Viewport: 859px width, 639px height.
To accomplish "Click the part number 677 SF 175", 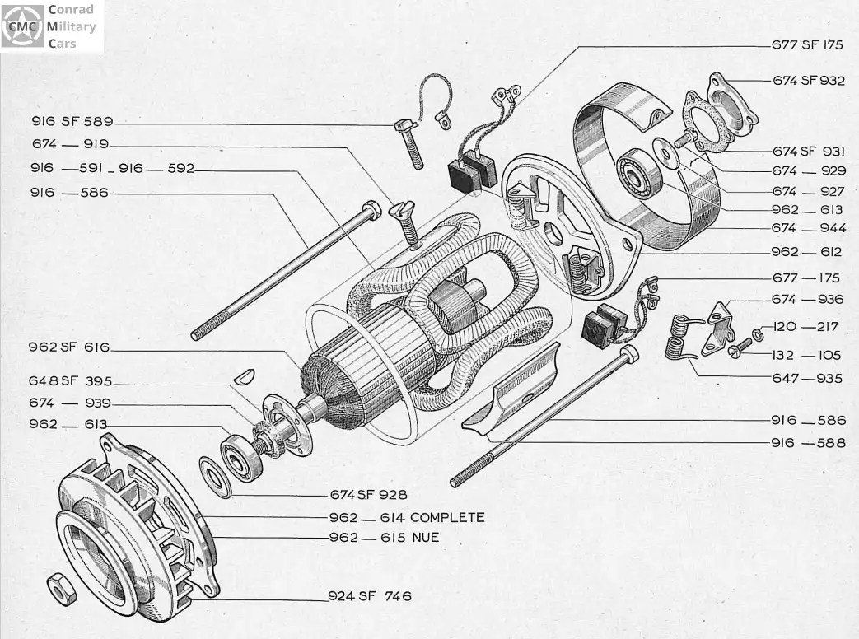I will (807, 45).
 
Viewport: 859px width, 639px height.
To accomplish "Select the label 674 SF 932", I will (809, 81).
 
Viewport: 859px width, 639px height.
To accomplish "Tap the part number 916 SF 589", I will (72, 121).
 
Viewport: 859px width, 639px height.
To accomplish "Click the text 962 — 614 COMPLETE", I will (406, 518).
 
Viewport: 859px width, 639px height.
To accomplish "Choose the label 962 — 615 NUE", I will (384, 538).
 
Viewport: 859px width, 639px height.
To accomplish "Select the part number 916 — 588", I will (808, 442).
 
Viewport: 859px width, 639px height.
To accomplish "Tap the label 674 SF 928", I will (368, 495).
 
